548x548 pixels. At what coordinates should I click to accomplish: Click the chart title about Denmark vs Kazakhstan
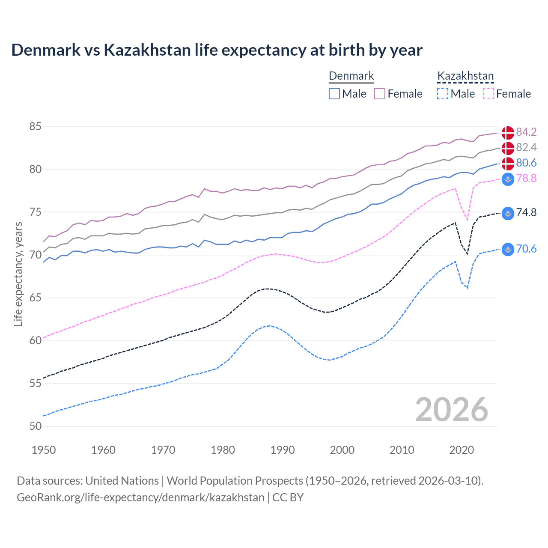[217, 50]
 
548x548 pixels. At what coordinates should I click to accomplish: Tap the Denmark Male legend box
[334, 94]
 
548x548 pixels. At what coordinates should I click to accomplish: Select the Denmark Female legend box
[380, 94]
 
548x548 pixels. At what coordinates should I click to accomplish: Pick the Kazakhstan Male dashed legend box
[443, 94]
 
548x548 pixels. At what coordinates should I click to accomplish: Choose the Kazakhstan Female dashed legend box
[488, 94]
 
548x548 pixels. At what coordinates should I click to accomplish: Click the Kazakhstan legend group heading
[465, 76]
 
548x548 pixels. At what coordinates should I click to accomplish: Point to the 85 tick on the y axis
[36, 127]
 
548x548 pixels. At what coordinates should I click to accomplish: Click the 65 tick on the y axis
[36, 298]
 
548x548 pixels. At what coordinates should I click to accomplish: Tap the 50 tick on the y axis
[36, 426]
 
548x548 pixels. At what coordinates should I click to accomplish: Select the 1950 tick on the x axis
[44, 450]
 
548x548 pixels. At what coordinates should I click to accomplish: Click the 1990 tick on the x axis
[283, 450]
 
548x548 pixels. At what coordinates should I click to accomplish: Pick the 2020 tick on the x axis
[462, 450]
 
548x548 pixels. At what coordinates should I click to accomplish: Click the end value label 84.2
[526, 132]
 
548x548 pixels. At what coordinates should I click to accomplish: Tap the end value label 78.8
[526, 178]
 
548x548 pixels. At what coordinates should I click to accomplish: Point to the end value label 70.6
[526, 249]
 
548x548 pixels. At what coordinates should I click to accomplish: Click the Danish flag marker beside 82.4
[508, 148]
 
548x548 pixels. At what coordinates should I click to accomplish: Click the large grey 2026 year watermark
[451, 410]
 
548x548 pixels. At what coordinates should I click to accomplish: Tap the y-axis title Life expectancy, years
[18, 274]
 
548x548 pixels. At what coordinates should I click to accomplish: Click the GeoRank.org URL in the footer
[140, 497]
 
